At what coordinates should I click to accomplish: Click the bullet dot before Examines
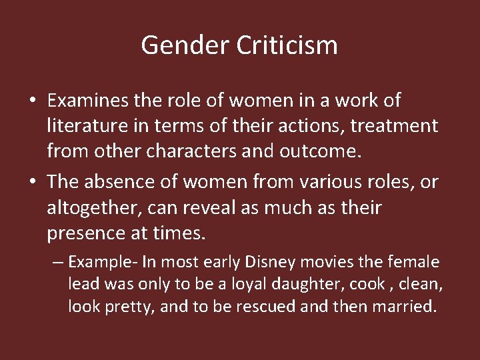(x=32, y=101)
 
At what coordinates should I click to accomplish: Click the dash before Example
(x=57, y=261)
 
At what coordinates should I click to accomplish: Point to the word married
(x=409, y=307)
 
